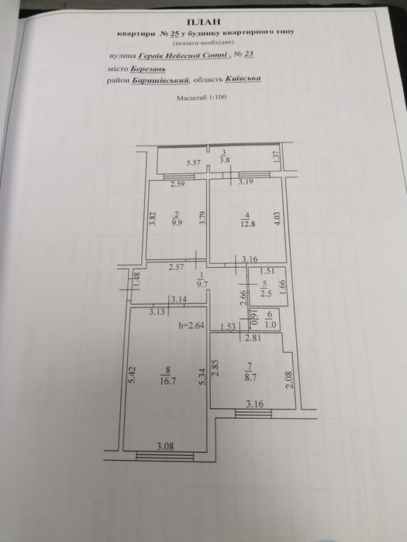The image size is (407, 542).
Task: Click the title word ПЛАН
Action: [204, 22]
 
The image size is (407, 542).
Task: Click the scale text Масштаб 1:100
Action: [202, 98]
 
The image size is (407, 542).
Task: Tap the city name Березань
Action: [148, 69]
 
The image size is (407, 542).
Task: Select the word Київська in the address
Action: [243, 79]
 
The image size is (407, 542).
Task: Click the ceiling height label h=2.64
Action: [191, 325]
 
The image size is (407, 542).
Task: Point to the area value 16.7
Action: [167, 381]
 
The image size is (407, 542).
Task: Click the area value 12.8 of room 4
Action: [249, 223]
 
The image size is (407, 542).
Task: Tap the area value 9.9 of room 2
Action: [178, 223]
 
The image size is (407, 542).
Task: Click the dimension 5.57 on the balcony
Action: [194, 163]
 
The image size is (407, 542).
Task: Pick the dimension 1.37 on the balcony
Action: [276, 158]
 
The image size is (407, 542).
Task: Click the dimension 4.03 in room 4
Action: [278, 219]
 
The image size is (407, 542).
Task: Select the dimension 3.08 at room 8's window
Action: [164, 446]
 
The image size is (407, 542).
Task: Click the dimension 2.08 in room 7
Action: [289, 379]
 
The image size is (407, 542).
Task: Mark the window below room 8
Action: [164, 456]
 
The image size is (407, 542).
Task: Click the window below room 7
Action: [254, 413]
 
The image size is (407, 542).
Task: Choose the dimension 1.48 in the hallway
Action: [137, 280]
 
